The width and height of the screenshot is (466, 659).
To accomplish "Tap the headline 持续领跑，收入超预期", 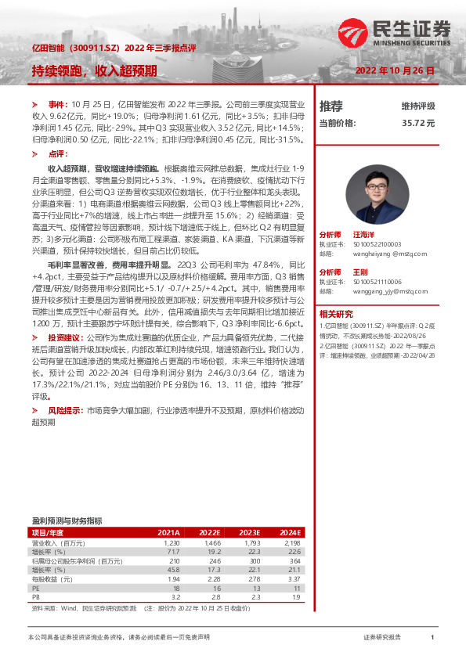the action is [x=95, y=70].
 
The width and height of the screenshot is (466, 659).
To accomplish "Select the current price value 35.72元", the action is [x=418, y=123].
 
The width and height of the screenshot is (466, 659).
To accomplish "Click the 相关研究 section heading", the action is [x=336, y=312].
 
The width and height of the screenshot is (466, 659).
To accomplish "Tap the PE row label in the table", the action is [x=36, y=586].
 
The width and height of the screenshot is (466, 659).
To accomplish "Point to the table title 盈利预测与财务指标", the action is [x=67, y=520].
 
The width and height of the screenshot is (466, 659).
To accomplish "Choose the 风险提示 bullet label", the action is [x=64, y=409].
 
